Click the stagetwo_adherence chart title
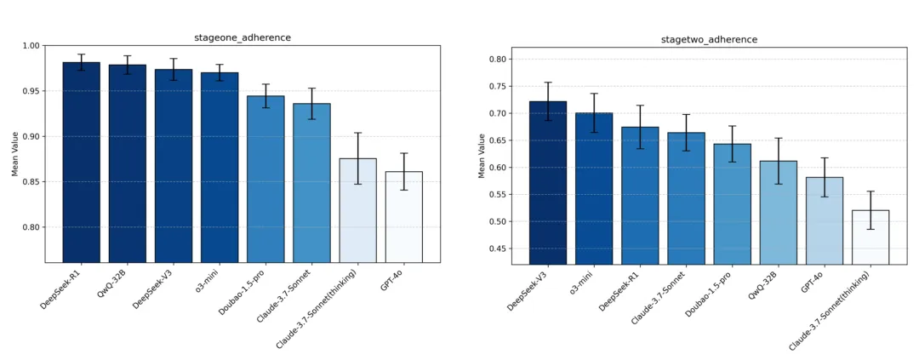point(709,40)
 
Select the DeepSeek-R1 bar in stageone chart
point(81,162)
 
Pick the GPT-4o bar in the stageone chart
point(403,217)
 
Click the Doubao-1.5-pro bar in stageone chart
point(265,179)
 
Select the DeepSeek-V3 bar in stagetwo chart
point(547,183)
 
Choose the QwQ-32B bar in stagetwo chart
point(779,213)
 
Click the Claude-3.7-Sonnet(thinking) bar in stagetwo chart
point(870,237)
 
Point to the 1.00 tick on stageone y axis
point(31,46)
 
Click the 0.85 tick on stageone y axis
point(31,182)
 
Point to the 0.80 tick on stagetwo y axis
point(496,60)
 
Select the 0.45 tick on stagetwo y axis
point(496,249)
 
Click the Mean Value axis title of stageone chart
point(14,153)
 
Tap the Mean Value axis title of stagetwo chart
point(482,155)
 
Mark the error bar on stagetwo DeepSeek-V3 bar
point(547,101)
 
